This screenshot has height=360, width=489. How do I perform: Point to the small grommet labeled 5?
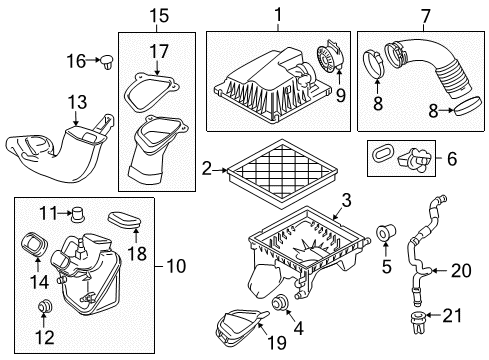[x=382, y=236]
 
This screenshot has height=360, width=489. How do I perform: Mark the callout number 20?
[x=459, y=269]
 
